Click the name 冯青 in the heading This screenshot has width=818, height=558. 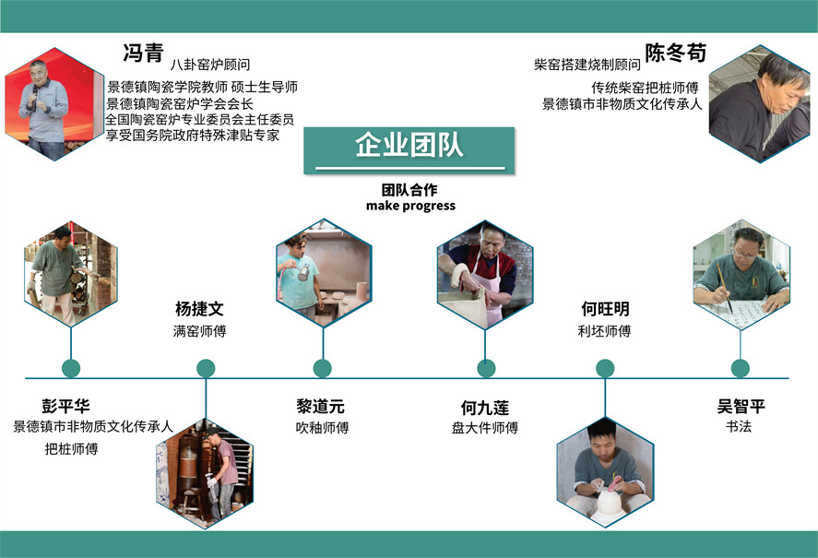143,53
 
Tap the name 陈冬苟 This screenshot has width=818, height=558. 675,53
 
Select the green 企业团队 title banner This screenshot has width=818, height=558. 409,149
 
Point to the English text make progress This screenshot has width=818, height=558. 410,206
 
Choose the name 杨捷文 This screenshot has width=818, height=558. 199,309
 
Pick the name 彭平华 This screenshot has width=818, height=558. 65,406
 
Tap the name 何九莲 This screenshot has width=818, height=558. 485,407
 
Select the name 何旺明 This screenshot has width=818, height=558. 605,309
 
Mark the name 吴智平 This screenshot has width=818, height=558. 741,406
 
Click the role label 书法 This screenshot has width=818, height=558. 740,427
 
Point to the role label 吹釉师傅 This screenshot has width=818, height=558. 322,428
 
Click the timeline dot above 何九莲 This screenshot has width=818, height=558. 486,368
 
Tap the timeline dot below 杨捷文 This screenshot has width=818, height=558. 207,368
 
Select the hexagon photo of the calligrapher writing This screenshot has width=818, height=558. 741,273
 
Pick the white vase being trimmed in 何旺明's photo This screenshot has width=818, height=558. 606,503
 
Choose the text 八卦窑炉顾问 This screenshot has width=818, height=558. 210,65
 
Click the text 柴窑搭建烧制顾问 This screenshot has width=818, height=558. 587,65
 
